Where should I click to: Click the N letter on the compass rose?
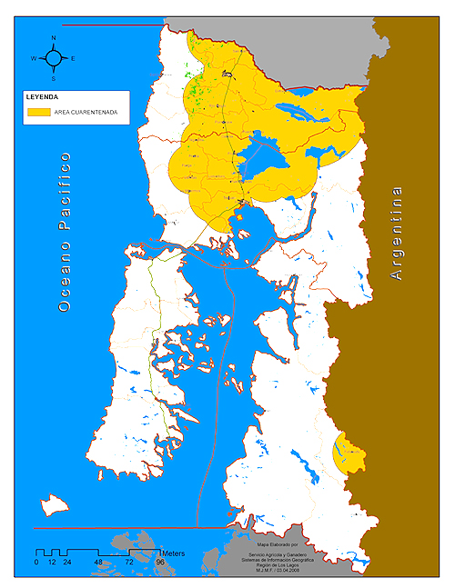coord(54,38)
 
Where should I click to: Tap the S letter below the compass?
coord(54,78)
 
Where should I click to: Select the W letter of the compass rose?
coord(34,58)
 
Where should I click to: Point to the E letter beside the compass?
coord(73,58)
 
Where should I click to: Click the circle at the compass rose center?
coord(54,58)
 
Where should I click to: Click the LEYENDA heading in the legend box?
coord(42,95)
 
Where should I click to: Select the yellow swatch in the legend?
coord(38,112)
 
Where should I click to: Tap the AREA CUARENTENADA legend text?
coord(86,112)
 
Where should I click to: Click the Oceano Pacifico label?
coord(65,233)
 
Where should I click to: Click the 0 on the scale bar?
coord(36,563)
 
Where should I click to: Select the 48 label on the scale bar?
coord(97,563)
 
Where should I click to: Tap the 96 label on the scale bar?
coord(159,563)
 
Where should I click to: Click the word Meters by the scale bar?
coord(174,552)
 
